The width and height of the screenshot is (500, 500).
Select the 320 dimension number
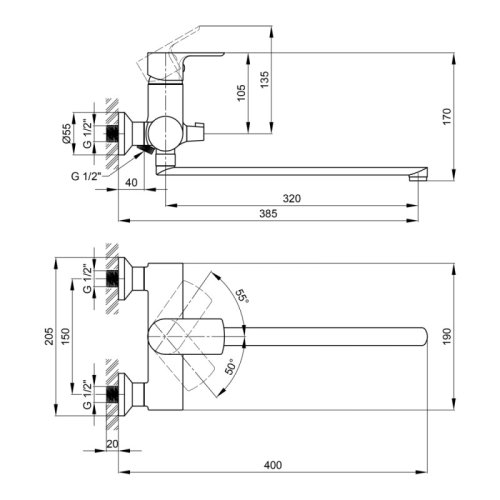coord(291,199)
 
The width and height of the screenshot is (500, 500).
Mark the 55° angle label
coord(241,296)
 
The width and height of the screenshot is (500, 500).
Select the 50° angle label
coord(231,366)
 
